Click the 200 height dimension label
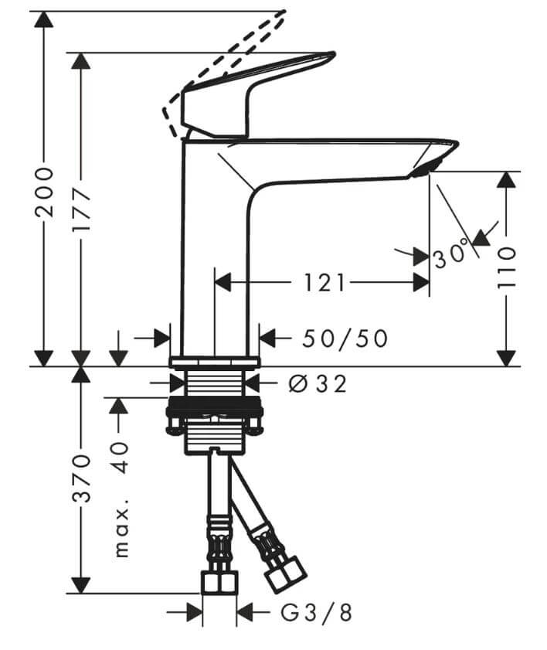[x=45, y=192]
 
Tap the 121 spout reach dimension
[x=325, y=283]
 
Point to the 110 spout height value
[x=506, y=267]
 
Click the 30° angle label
[x=453, y=253]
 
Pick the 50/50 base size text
[x=345, y=339]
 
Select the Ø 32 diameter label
[x=318, y=384]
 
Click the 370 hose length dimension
[x=81, y=478]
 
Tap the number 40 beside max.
[x=121, y=458]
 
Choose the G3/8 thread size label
[x=317, y=613]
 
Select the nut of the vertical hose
[x=219, y=582]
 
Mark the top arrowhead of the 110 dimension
[x=506, y=179]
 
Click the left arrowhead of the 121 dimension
[x=223, y=283]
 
